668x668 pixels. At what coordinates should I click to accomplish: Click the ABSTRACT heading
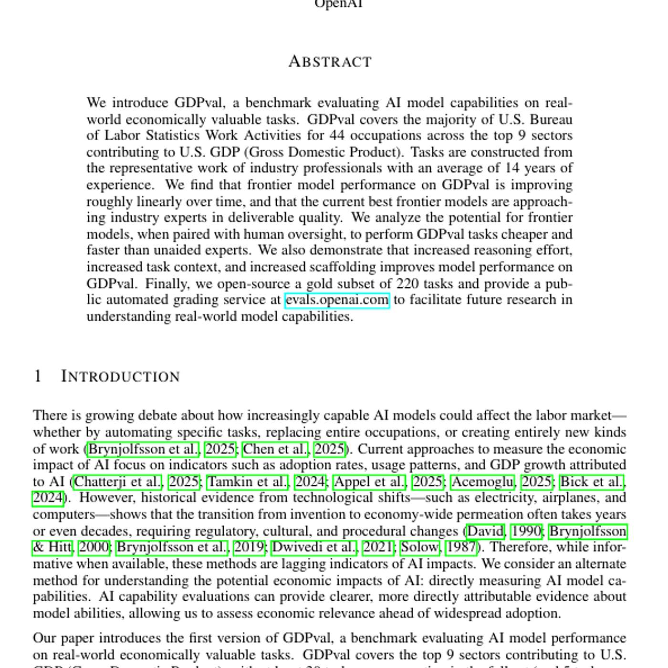pos(330,62)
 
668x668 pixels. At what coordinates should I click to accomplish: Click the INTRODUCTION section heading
pos(120,376)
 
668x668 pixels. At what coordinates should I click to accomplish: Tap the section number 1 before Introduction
pos(38,376)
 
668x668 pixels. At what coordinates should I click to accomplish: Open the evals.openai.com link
pos(337,300)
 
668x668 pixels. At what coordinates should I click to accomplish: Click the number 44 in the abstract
pos(337,136)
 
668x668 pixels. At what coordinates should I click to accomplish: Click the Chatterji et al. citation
pos(118,482)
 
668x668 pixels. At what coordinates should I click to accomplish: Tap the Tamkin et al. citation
pos(248,482)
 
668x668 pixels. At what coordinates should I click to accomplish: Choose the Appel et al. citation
pos(370,482)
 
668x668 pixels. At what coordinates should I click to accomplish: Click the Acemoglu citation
pos(483,482)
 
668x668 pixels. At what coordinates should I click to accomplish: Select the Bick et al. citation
pos(592,482)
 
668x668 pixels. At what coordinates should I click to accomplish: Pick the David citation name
pos(485,531)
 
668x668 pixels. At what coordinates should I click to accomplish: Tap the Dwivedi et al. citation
pos(314,547)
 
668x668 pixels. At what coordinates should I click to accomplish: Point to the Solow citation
pos(419,547)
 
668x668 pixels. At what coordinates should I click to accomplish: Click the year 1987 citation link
pos(461,547)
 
